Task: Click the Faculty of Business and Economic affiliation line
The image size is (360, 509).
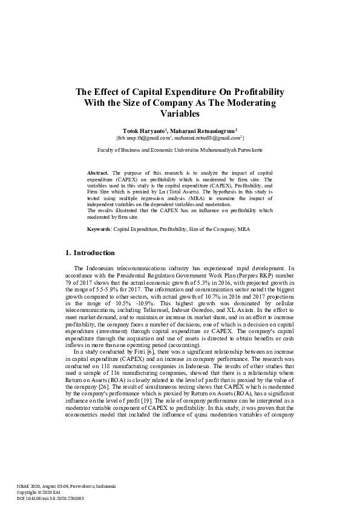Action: click(180, 148)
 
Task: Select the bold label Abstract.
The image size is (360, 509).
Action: click(98, 172)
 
